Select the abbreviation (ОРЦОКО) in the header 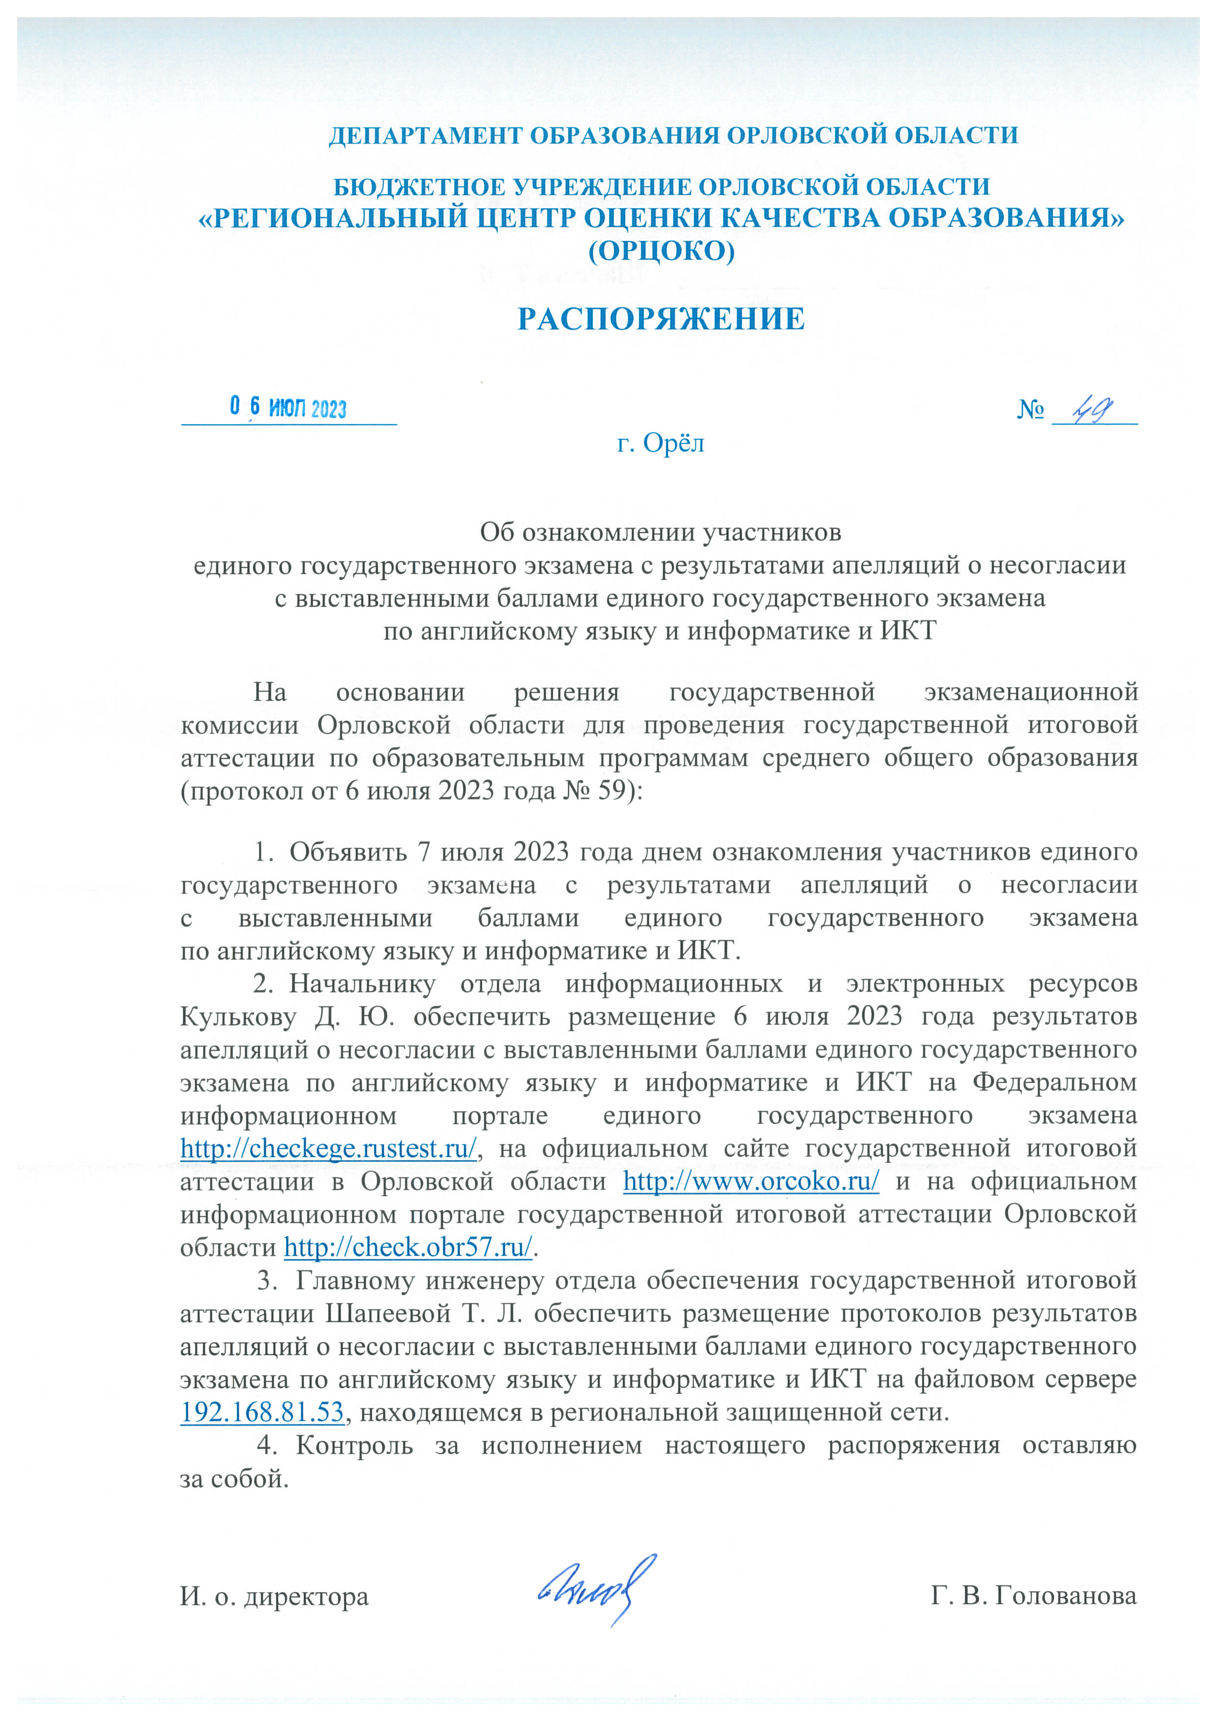point(661,250)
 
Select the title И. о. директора point(274,1597)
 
